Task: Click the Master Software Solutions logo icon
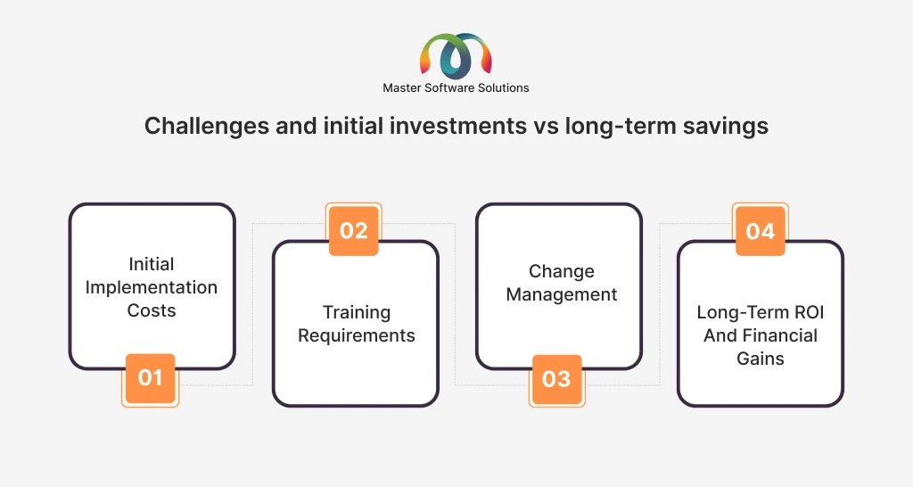(456, 56)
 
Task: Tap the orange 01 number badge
(150, 378)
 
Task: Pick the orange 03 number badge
(556, 379)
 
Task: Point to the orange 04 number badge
(761, 231)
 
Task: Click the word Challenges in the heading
(207, 127)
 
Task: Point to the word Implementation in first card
(152, 288)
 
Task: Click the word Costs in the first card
(152, 310)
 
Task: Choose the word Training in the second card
(357, 313)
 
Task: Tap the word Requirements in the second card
(357, 335)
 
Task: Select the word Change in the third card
(562, 271)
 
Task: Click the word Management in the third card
(562, 294)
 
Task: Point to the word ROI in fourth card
(809, 312)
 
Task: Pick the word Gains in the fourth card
(761, 359)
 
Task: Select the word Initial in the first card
(152, 264)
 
